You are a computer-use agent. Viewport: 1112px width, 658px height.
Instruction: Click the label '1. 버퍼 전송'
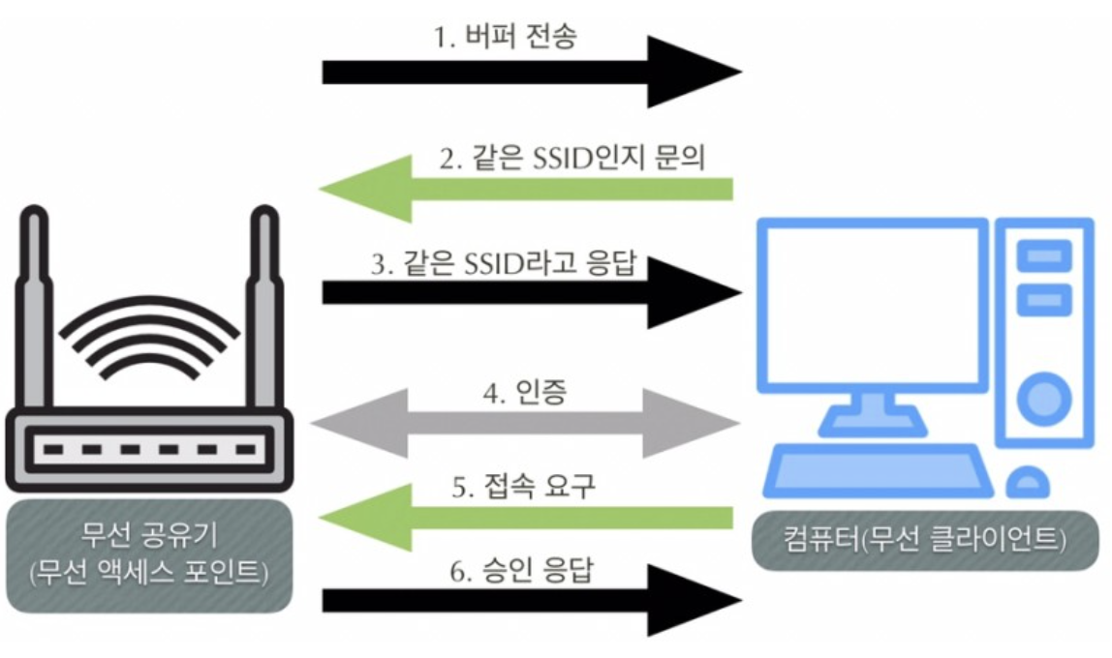coord(508,40)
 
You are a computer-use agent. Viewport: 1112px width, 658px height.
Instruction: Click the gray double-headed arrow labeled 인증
coord(524,424)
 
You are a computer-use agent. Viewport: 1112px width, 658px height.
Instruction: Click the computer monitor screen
coord(873,306)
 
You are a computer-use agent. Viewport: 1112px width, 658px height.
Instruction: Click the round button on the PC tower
coord(1042,396)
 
